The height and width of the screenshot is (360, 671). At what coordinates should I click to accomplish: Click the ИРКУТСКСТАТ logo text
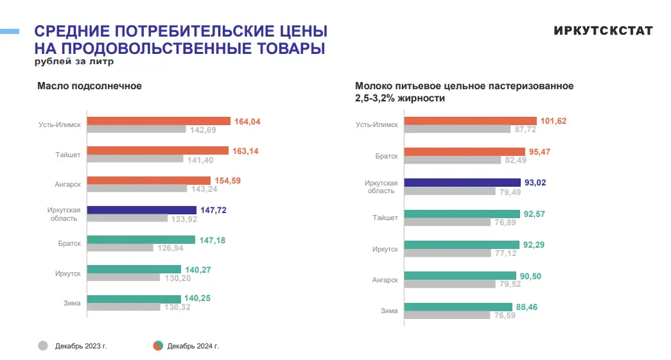tap(603, 31)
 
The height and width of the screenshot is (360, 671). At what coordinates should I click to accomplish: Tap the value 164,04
tap(248, 121)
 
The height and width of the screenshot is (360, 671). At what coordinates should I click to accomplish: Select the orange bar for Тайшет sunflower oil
tap(157, 151)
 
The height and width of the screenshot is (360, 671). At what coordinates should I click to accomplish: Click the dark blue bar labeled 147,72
tap(141, 210)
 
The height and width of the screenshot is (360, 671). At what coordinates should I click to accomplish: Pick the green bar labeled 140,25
tap(134, 298)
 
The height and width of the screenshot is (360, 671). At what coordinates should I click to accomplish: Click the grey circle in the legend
tap(43, 346)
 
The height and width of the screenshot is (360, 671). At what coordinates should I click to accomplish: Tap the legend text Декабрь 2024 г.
tap(193, 347)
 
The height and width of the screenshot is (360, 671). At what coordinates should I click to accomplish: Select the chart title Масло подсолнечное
tap(89, 86)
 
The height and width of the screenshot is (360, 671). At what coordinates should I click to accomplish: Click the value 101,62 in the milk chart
tap(554, 121)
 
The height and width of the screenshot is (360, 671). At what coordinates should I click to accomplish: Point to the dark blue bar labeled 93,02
tap(462, 183)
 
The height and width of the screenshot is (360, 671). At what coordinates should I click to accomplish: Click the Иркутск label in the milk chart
tap(385, 249)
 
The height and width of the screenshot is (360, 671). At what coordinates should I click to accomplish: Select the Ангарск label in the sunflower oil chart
tap(67, 185)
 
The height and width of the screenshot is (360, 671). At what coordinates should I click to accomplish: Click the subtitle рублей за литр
tap(74, 62)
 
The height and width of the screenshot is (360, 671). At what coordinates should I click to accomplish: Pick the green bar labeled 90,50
tap(461, 276)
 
